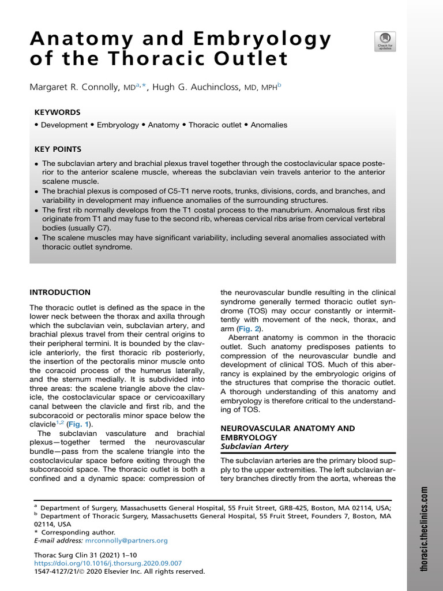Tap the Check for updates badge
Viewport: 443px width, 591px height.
click(x=385, y=41)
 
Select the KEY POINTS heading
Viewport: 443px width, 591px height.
click(x=58, y=148)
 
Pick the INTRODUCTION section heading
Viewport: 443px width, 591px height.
click(x=60, y=293)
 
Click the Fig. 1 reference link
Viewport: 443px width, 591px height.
click(x=80, y=424)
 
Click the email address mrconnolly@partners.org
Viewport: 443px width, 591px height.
click(x=126, y=541)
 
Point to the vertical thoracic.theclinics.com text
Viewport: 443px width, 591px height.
click(x=424, y=529)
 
